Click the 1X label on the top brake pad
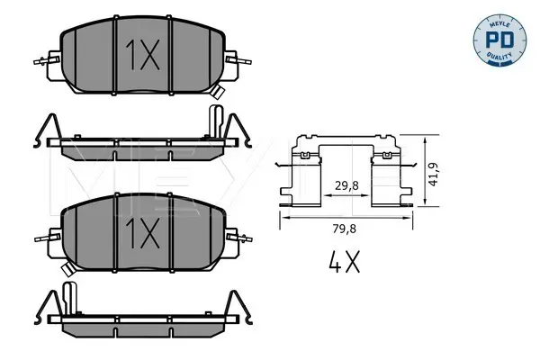(x=142, y=55)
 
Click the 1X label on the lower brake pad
(x=142, y=233)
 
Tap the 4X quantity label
(x=344, y=262)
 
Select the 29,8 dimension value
(x=346, y=186)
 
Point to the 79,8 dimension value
(x=345, y=229)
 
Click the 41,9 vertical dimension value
(x=433, y=174)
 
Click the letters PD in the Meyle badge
(x=499, y=40)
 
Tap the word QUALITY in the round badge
(x=499, y=56)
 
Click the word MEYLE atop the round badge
(x=499, y=24)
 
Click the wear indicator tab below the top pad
(x=218, y=91)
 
